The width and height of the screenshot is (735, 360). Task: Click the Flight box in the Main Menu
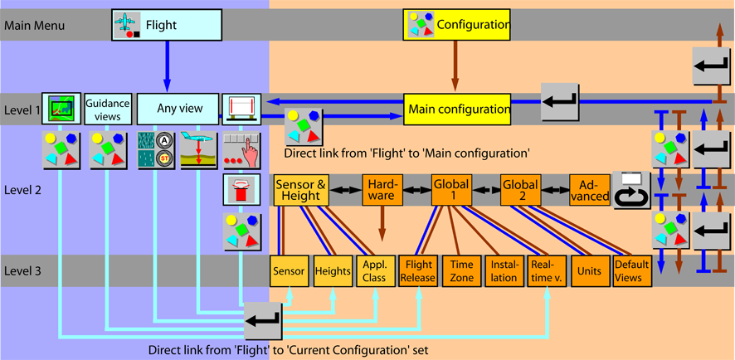coord(167,25)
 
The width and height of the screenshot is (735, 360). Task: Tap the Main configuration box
coord(458,109)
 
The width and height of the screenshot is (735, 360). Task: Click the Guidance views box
coord(108,109)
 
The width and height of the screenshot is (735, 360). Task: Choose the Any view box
coord(178,109)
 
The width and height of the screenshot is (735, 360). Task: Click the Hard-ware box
coord(382,190)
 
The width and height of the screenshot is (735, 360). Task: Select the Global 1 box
coord(451,190)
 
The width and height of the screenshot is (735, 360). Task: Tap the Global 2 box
coord(521,190)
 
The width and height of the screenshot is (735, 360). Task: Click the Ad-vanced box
coord(590,190)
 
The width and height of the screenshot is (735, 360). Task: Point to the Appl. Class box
coord(374,271)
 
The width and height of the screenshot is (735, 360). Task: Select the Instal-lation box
coord(503,271)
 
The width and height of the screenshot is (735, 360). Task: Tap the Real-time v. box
coord(546,271)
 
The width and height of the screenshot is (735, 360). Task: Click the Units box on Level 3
coord(589,271)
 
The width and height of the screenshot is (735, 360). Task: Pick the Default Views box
coord(631,271)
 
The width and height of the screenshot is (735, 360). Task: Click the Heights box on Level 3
coord(332,271)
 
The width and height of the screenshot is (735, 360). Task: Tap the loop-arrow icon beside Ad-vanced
coord(632,190)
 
